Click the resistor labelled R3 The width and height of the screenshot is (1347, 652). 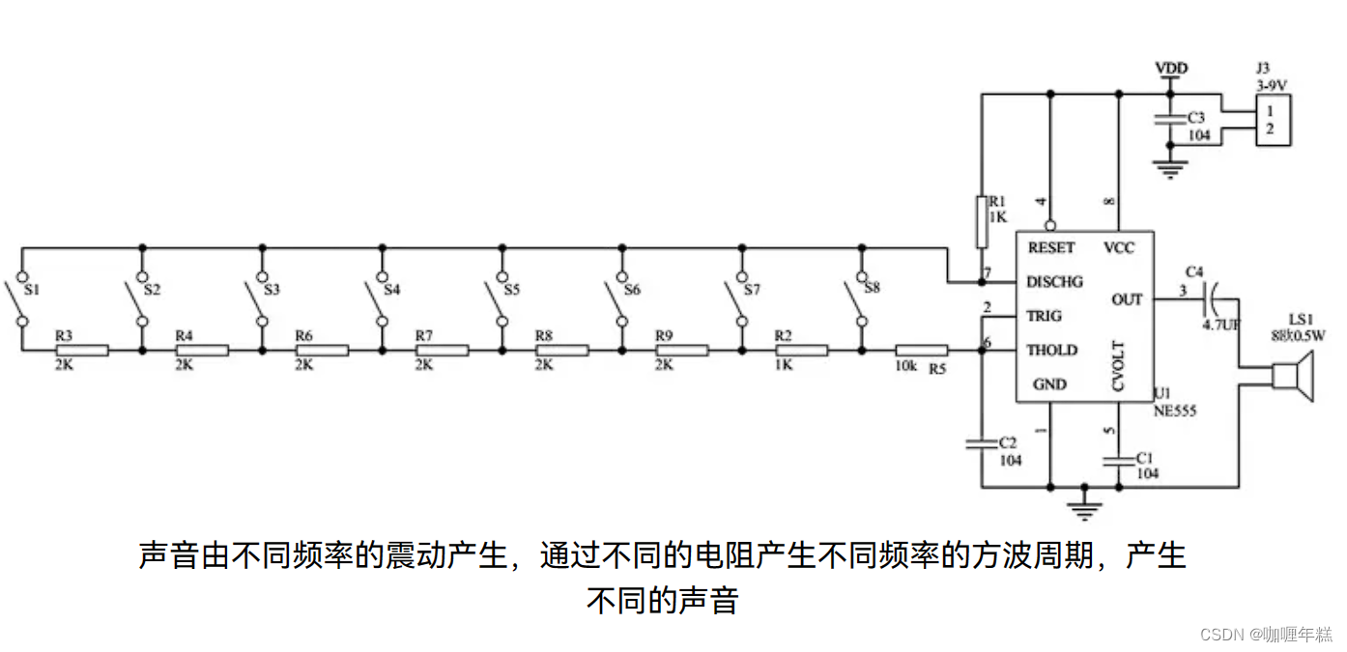point(82,350)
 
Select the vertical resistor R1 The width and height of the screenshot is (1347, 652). point(983,222)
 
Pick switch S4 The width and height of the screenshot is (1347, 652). point(382,300)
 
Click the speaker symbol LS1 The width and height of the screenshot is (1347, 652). point(1290,377)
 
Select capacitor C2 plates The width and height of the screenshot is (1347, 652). point(983,445)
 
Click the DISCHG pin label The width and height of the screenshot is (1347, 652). point(1054,282)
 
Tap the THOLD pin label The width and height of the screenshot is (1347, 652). point(1051,350)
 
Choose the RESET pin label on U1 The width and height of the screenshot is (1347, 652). point(1051,248)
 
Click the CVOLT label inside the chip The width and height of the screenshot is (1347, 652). point(1118,368)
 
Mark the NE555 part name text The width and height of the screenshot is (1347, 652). point(1175,411)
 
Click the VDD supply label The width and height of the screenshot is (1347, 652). point(1171,69)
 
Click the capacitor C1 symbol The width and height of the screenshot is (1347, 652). point(1118,461)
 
